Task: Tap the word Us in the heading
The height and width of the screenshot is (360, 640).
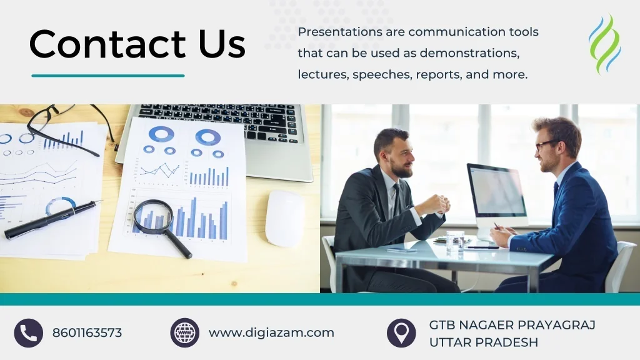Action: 222,44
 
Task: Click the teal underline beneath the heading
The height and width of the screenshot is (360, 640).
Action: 108,76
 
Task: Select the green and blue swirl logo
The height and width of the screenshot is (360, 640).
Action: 605,44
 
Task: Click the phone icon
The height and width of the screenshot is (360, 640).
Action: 29,333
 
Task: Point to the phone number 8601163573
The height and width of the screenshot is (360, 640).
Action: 87,333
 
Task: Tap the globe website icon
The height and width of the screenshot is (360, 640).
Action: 185,333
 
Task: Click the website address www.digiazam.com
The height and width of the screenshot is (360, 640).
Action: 271,332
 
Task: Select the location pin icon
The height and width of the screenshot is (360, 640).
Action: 402,333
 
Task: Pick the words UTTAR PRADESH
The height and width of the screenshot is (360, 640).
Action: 484,342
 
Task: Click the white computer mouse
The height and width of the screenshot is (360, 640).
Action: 285,218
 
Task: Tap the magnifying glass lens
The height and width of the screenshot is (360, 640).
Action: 154,217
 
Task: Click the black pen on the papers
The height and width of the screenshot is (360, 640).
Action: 52,219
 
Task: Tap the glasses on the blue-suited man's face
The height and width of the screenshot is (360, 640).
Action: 546,144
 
